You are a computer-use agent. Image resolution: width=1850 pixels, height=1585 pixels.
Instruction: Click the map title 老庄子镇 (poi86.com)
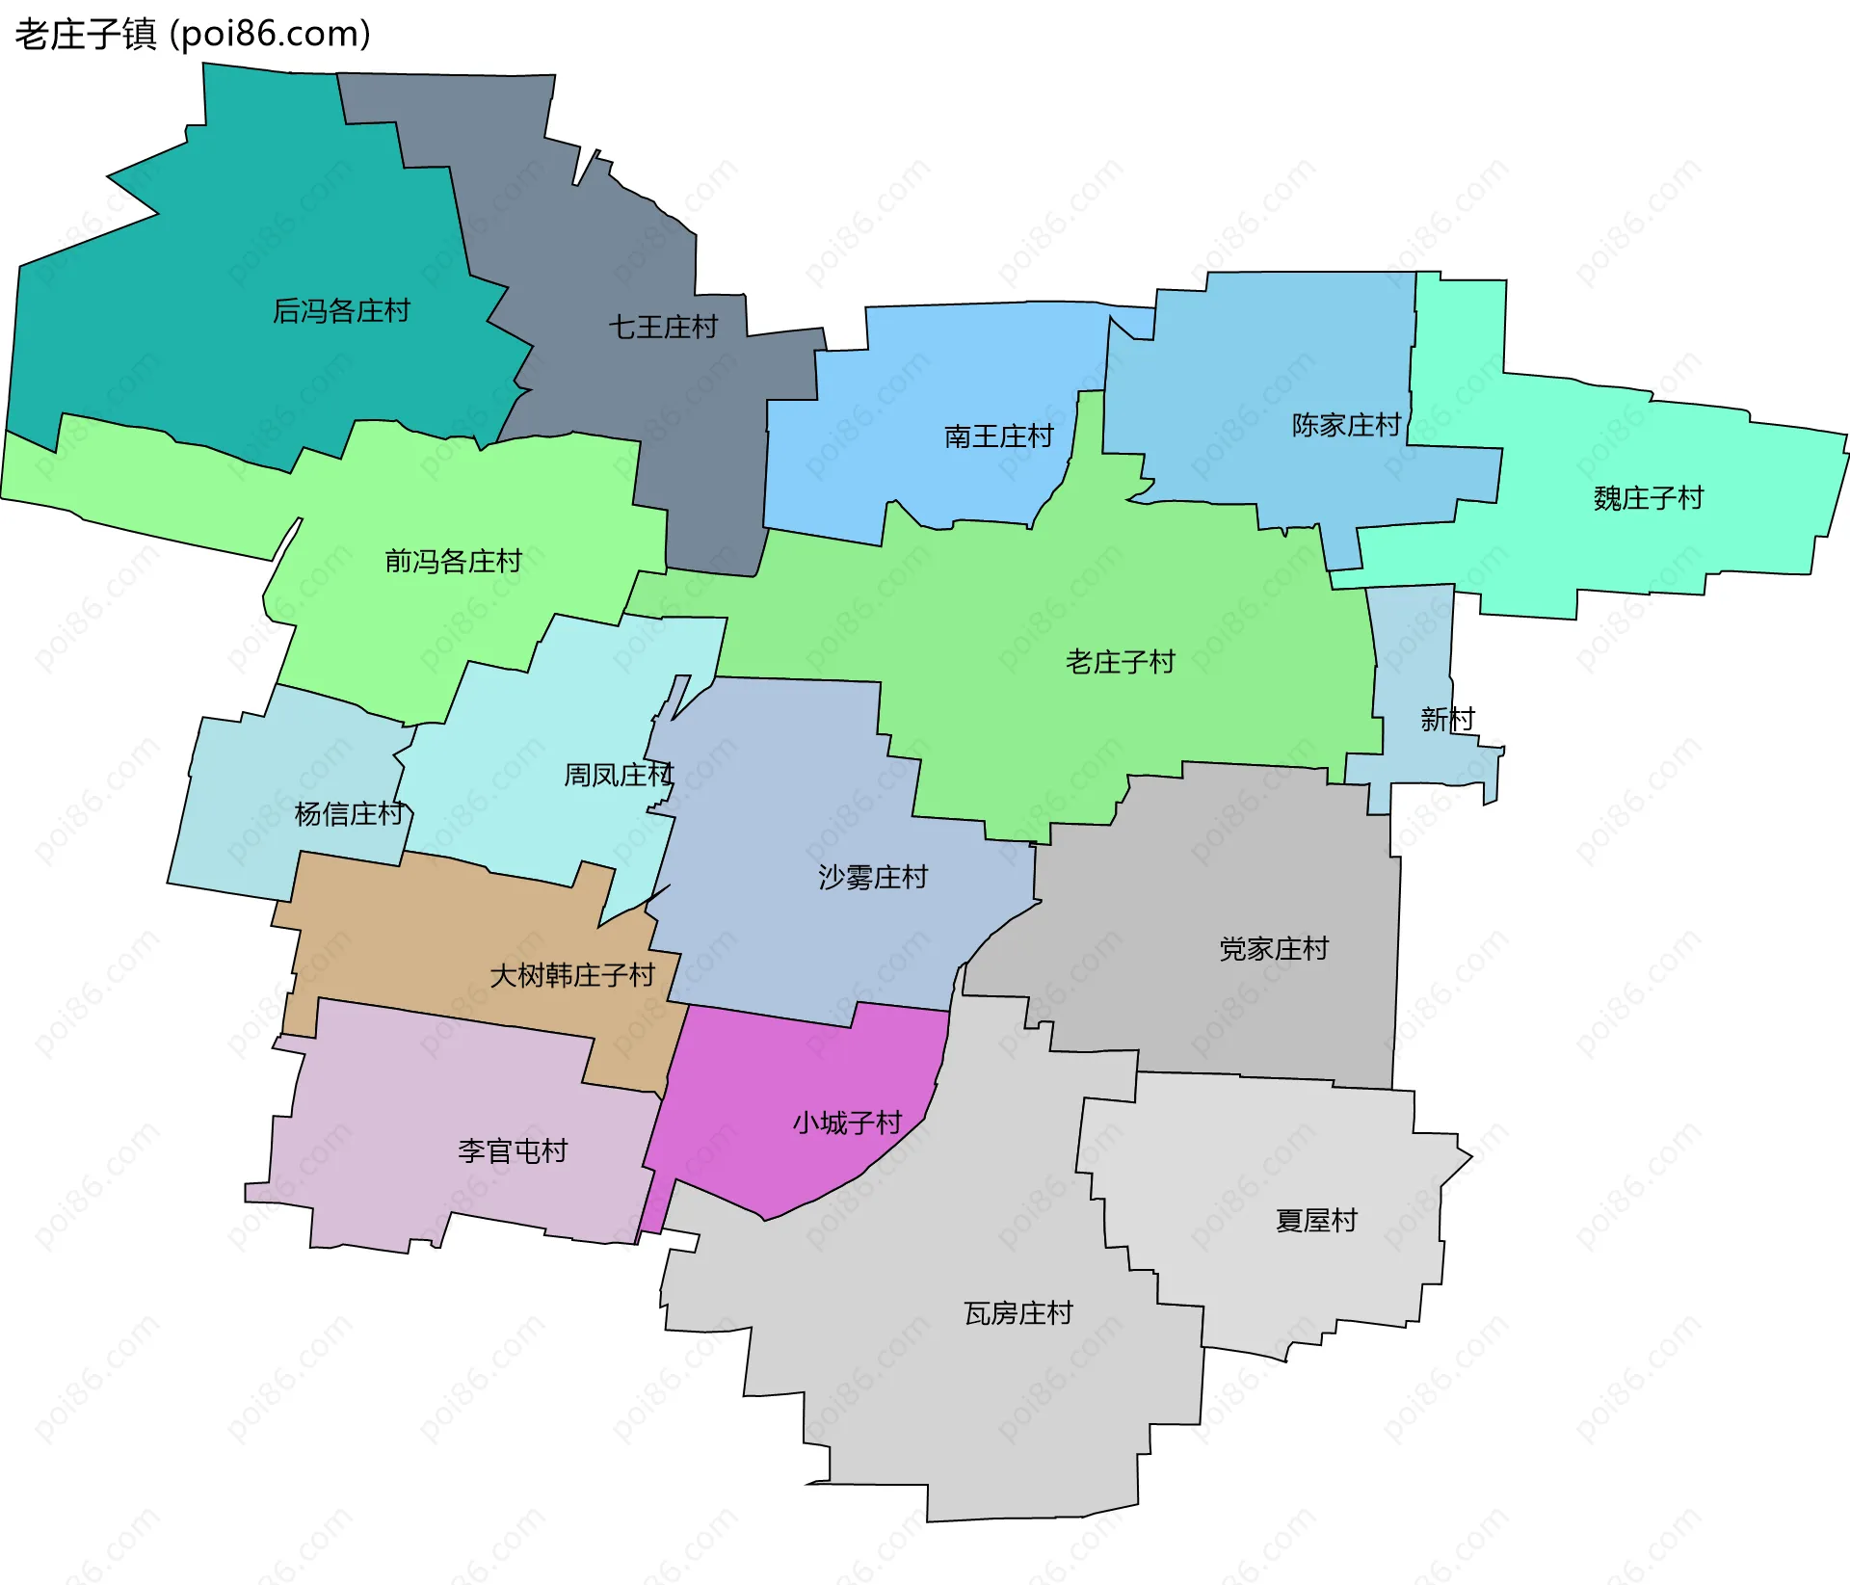click(x=193, y=35)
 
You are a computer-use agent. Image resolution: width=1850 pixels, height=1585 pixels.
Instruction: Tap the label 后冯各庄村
click(x=341, y=311)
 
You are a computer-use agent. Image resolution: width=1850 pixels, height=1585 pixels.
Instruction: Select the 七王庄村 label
click(x=663, y=328)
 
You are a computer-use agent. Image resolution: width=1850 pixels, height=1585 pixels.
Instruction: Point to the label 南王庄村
click(x=999, y=436)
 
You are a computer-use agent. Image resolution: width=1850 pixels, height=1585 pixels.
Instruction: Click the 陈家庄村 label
click(x=1346, y=425)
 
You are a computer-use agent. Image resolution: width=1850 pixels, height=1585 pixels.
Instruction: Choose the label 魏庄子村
click(x=1649, y=498)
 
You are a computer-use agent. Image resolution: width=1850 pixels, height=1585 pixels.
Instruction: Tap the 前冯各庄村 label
click(x=453, y=561)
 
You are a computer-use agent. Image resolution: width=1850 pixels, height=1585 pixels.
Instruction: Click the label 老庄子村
click(x=1121, y=662)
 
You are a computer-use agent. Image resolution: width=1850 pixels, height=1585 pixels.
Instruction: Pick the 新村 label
click(x=1447, y=719)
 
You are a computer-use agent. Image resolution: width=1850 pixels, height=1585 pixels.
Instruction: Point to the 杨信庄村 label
click(x=349, y=814)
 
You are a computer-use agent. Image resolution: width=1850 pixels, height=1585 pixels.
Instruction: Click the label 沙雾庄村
click(x=873, y=877)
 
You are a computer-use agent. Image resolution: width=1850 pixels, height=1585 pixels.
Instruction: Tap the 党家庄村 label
click(x=1274, y=949)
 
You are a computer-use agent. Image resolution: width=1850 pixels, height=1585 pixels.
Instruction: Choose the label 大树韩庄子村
click(x=572, y=975)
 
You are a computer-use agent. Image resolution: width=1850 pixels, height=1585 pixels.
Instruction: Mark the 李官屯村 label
click(x=513, y=1150)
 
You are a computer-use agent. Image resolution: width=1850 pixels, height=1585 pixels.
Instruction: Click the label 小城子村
click(x=847, y=1123)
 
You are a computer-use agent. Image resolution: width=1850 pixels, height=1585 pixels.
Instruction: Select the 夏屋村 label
click(x=1316, y=1221)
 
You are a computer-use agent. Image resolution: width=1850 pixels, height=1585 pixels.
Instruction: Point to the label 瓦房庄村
click(x=1018, y=1313)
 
